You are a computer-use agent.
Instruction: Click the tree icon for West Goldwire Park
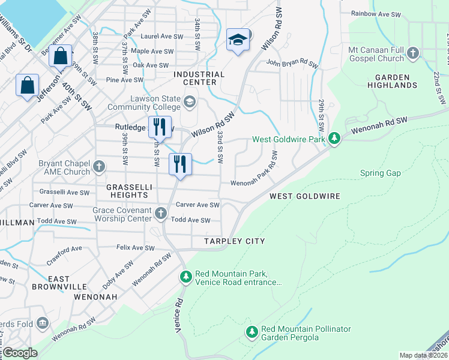[334, 139]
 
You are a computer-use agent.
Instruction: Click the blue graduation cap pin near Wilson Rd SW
[238, 40]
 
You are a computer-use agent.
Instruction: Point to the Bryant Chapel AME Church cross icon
[98, 166]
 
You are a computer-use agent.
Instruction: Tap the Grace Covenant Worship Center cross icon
[160, 213]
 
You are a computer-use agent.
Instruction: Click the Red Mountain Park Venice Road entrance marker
[186, 277]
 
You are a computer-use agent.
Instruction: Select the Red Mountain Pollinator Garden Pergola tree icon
[252, 332]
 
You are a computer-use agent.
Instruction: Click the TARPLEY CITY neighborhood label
[234, 241]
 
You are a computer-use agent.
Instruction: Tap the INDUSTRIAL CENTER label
[199, 78]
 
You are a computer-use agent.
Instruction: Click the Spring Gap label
[379, 173]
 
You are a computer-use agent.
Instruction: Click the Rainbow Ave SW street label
[376, 13]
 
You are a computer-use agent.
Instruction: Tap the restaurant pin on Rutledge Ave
[158, 127]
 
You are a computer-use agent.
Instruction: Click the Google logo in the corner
[20, 353]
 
